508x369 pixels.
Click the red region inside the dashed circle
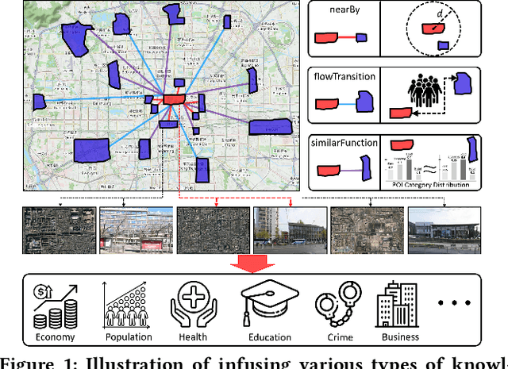pos(432,29)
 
